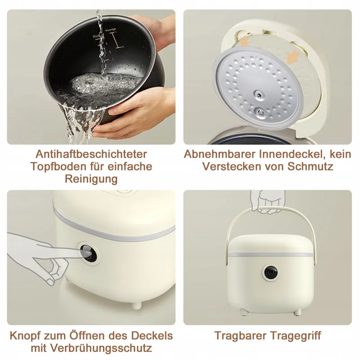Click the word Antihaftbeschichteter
pos(91,154)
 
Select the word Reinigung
pos(91,179)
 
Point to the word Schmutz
pos(310,166)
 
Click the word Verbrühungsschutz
pos(101,348)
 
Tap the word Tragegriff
pos(295,336)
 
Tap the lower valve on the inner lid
pos(261,112)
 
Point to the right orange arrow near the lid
pos(293,57)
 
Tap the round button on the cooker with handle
pos(271,273)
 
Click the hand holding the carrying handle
pos(265,201)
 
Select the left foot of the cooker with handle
pos(243,311)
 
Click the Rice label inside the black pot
pos(97,36)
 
